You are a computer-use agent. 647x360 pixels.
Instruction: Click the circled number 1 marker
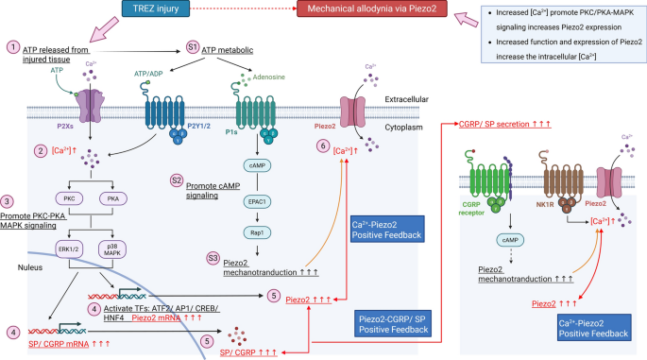click(12, 47)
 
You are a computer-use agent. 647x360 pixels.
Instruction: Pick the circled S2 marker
click(177, 180)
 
